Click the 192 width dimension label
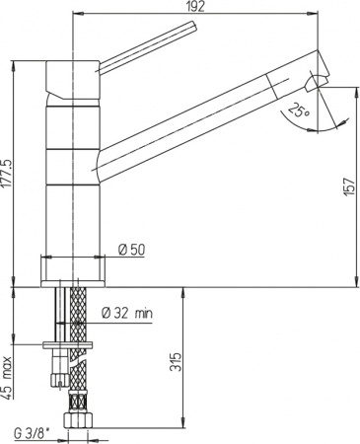[194, 6]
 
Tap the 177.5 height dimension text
[7, 174]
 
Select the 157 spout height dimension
[350, 186]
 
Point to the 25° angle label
[298, 111]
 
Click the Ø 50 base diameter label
[131, 250]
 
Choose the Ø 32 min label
[127, 314]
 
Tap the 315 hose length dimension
[176, 362]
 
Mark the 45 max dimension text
[7, 378]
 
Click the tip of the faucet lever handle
[193, 27]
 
